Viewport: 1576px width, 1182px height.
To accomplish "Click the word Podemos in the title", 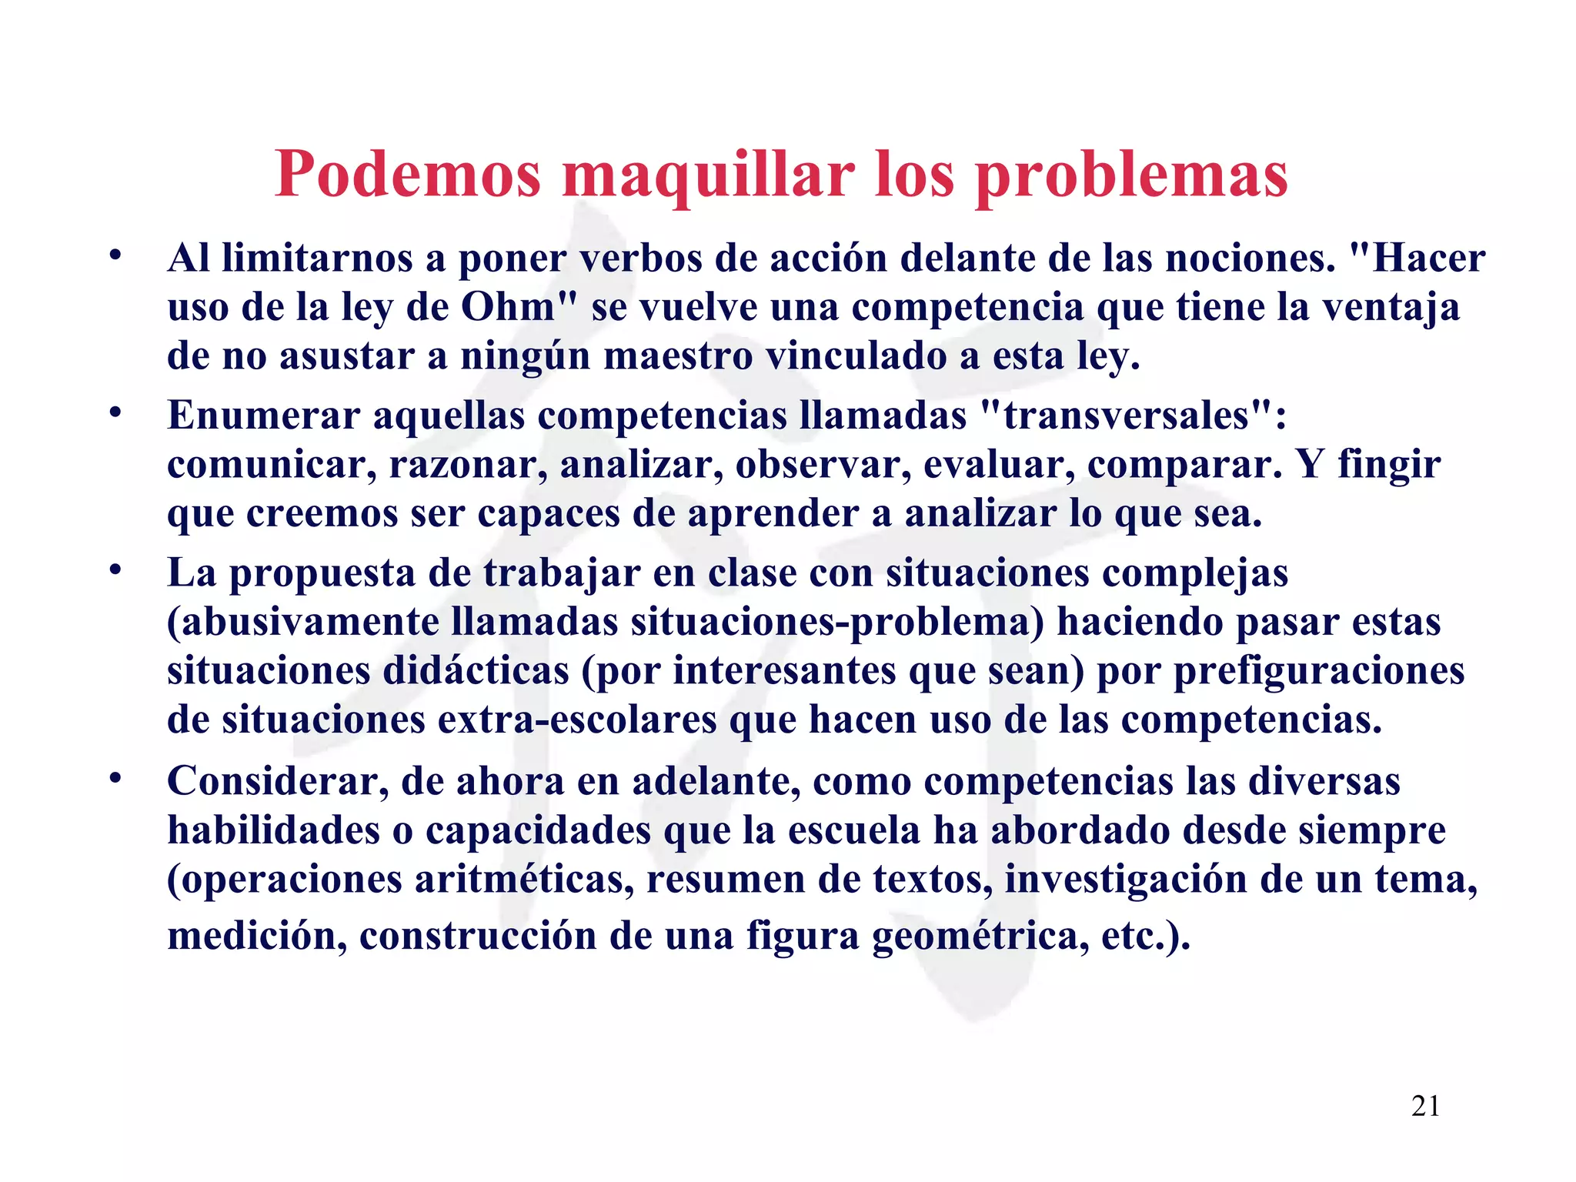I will point(408,174).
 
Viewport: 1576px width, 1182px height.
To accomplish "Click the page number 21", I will point(1426,1107).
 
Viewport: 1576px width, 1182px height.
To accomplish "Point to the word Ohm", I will point(508,307).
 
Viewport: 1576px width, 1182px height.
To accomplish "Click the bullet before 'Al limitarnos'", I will point(115,255).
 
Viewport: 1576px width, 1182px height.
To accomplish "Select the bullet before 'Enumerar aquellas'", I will point(115,412).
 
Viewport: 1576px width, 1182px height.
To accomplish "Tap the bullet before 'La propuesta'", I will point(115,570).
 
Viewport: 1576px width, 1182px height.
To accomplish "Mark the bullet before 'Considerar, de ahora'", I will point(115,778).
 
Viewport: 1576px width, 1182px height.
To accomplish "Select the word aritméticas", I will point(524,880).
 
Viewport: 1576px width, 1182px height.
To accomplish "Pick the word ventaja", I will point(1391,307).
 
